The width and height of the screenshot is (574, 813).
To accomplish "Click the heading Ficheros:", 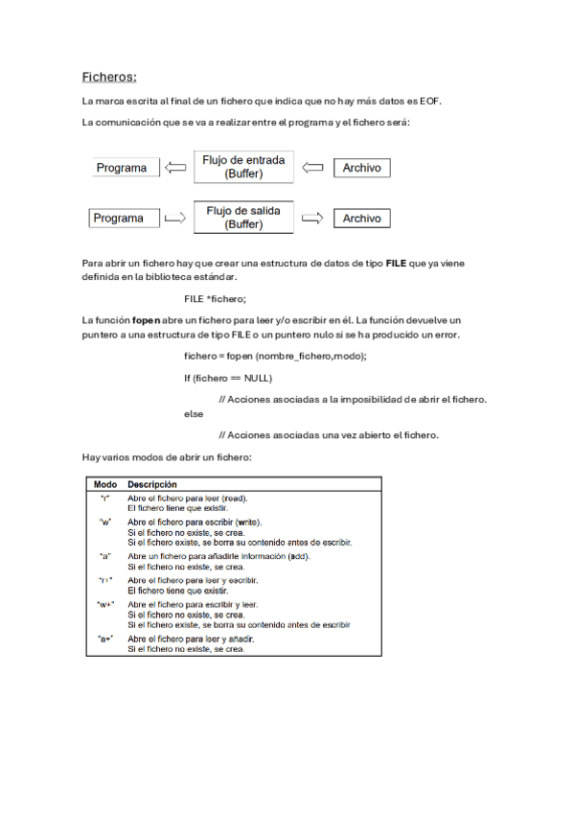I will pos(109,77).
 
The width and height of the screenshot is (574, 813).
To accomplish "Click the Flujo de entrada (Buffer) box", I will pos(242,167).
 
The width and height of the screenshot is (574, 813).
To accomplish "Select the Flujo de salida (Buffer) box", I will pos(243,218).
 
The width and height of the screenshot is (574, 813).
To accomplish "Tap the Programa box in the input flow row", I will pos(125,168).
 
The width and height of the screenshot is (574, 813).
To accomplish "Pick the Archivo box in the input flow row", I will pos(361,168).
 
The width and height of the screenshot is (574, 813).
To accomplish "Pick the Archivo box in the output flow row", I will pos(361,219).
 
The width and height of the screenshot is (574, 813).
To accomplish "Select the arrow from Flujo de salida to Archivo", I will pos(313,219).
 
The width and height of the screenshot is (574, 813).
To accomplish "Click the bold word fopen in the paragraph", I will pos(146,318).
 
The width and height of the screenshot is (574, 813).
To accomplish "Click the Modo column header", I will pos(104,485).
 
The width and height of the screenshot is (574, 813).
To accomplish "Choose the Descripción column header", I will pos(151,485).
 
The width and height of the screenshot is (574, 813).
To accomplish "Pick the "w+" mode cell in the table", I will pos(105,605).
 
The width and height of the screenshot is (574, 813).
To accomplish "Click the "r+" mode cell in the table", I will pos(105,580).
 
